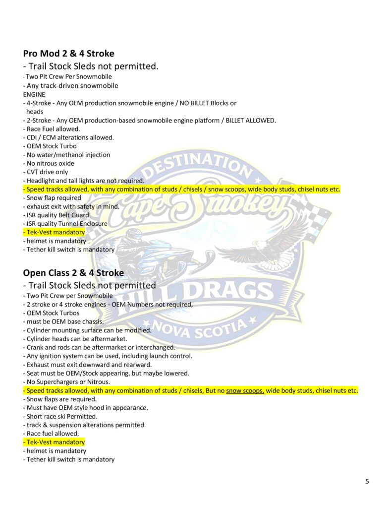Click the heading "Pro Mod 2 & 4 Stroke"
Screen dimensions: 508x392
coord(69,54)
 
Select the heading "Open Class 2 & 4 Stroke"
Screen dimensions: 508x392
coord(73,273)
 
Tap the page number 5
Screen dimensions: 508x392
coord(367,481)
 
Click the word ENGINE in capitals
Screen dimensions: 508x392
coord(34,94)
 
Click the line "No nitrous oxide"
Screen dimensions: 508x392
coord(49,163)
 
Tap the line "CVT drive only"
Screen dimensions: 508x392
coord(46,172)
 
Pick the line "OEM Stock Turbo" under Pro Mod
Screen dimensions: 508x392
coord(50,146)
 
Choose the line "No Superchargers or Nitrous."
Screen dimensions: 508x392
coord(66,382)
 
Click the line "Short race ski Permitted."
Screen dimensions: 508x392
coord(60,416)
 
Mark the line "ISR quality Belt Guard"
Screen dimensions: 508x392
coord(56,215)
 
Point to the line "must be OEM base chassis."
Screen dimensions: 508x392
coord(63,321)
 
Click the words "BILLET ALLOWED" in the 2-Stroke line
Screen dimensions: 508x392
coord(251,121)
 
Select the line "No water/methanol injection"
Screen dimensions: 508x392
coord(66,155)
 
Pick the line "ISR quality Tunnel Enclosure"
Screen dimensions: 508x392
coord(65,224)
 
